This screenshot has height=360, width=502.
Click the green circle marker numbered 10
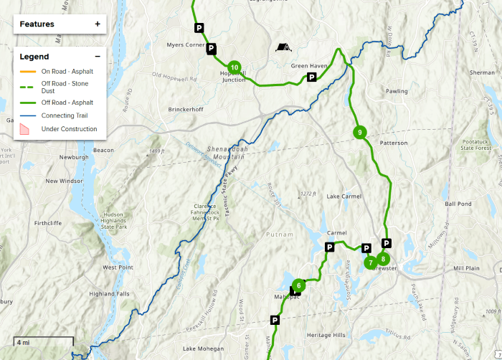point(235,67)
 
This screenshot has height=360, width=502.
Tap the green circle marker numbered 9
point(360,132)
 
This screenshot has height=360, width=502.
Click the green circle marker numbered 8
point(384,259)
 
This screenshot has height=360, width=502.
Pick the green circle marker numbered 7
point(370,263)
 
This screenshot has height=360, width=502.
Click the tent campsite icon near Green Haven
point(284,47)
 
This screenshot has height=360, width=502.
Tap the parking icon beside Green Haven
point(312,77)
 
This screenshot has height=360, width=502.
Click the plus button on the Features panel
point(98,24)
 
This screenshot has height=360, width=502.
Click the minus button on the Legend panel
point(98,56)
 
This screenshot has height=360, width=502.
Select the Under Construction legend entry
point(69,129)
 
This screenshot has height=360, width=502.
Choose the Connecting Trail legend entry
point(67,115)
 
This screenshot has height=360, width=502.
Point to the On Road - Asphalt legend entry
point(67,71)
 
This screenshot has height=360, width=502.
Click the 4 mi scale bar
point(43,341)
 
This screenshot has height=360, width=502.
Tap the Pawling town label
point(397,91)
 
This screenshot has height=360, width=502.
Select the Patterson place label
point(393,143)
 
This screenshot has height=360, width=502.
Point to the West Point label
point(117,267)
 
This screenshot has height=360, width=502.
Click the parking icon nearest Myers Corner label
point(211,49)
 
